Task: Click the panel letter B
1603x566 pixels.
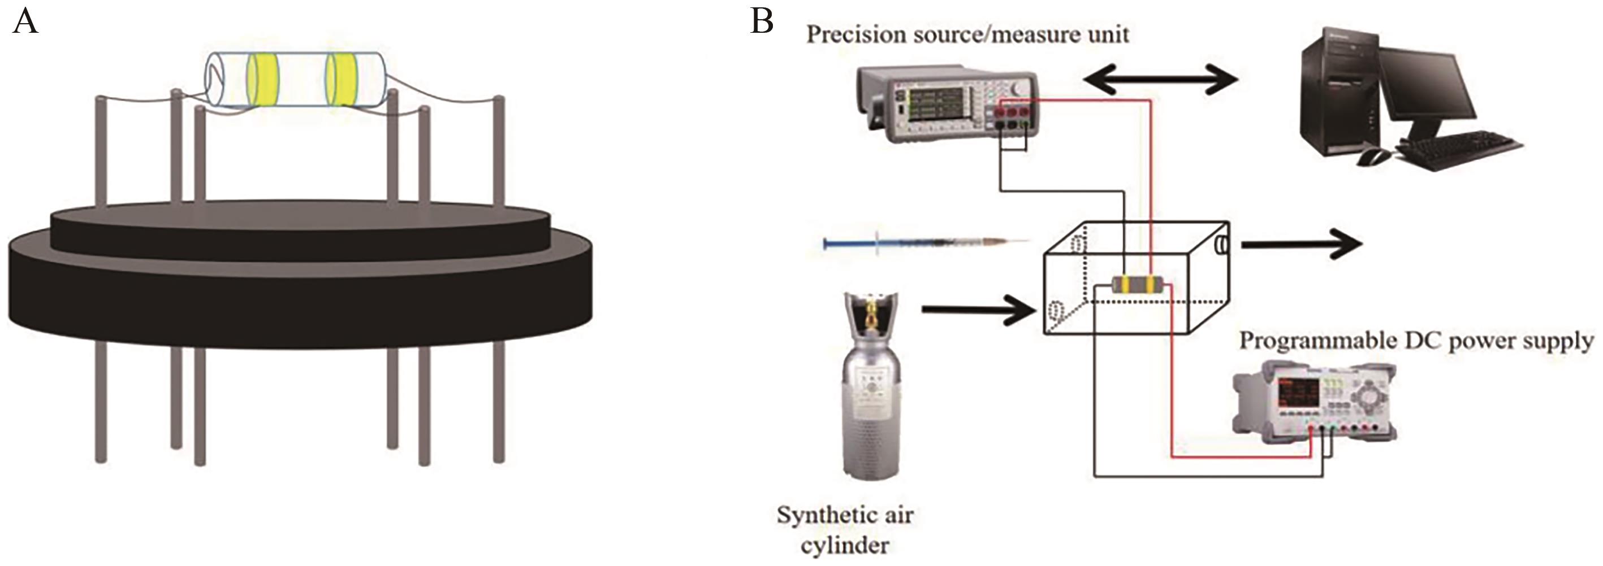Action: (762, 23)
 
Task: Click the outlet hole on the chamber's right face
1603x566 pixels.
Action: (1221, 245)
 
